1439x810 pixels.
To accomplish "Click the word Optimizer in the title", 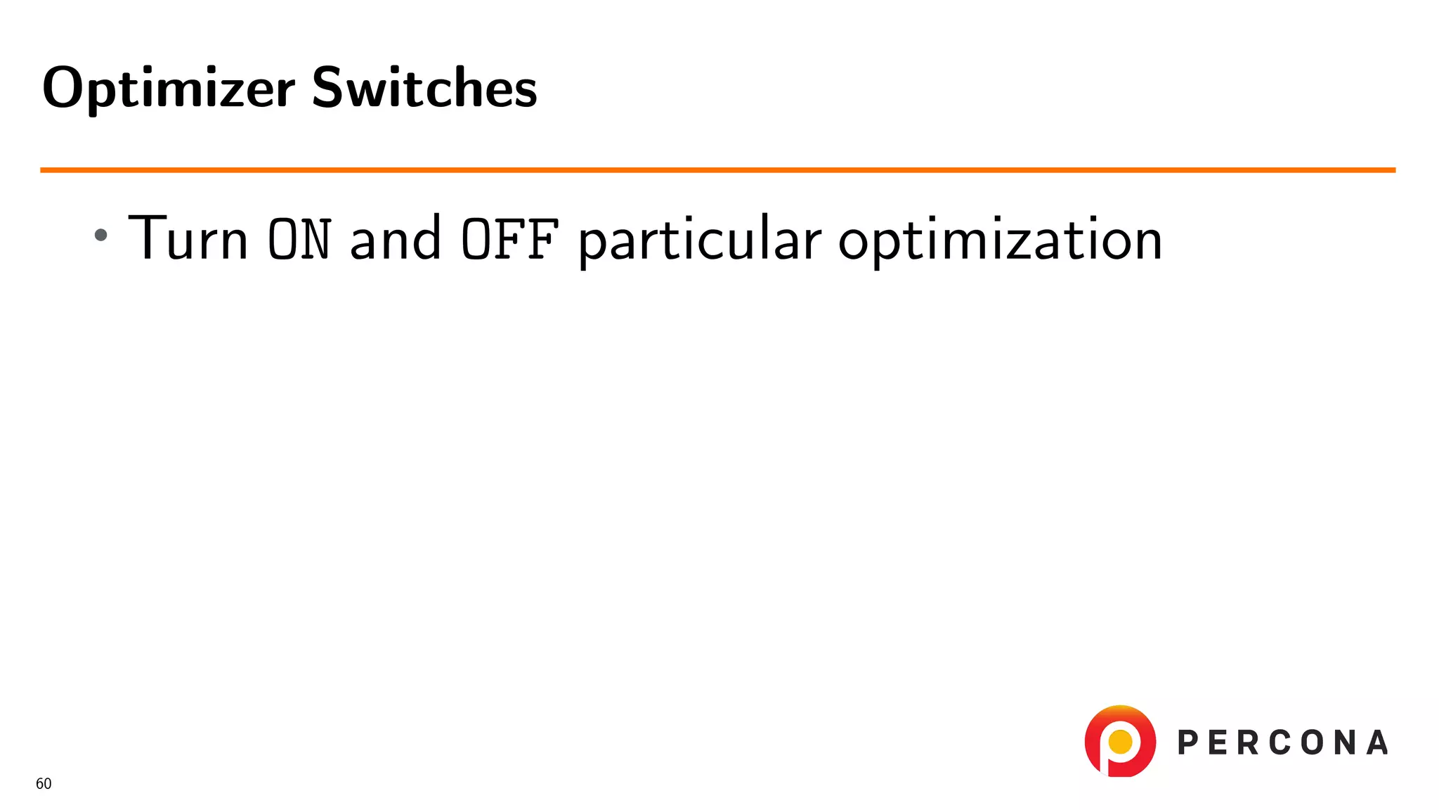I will click(169, 88).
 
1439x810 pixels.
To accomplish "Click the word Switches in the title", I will click(424, 88).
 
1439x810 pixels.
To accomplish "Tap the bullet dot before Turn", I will click(101, 235).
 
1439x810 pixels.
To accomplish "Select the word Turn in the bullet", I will click(188, 239).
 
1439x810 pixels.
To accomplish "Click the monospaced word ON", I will click(299, 239).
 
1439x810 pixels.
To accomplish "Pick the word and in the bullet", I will click(396, 239).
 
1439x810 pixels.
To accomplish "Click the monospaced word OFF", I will click(510, 239).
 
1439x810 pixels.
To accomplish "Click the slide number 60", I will click(44, 784).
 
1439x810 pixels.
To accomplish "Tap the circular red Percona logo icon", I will click(1120, 741).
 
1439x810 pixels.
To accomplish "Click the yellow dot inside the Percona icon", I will click(1120, 741).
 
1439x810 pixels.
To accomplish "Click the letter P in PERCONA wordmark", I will click(1187, 742).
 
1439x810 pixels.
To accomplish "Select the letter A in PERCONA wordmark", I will click(1377, 742).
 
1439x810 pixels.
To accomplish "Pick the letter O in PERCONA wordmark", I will click(1312, 742).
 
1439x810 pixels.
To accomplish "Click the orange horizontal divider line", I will click(717, 169).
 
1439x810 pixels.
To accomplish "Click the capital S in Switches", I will click(327, 88).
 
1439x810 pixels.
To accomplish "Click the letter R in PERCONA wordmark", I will click(1249, 742).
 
